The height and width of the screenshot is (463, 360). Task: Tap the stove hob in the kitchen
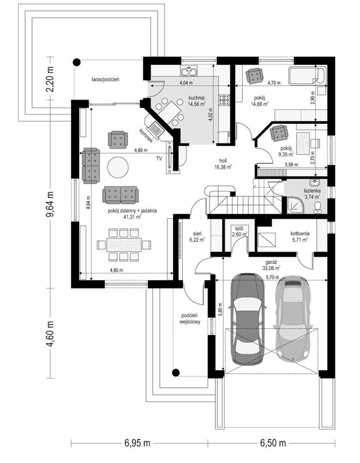(x=224, y=99)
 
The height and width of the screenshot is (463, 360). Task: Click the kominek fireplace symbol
(x=155, y=129)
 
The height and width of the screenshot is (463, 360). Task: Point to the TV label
(x=159, y=159)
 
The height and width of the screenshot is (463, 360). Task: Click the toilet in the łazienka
(x=318, y=207)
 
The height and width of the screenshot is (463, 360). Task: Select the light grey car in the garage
(x=292, y=318)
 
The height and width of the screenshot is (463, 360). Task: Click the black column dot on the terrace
(x=76, y=62)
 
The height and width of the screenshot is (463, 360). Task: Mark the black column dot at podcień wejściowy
(x=176, y=372)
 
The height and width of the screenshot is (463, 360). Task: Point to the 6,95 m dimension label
(x=137, y=443)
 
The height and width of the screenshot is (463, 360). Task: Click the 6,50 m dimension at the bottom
(x=273, y=443)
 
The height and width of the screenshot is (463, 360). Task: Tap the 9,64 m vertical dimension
(x=50, y=204)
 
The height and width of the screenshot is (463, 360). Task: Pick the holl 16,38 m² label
(x=223, y=164)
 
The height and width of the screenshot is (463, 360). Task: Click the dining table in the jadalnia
(x=124, y=245)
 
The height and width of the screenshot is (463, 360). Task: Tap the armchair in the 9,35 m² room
(x=279, y=133)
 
